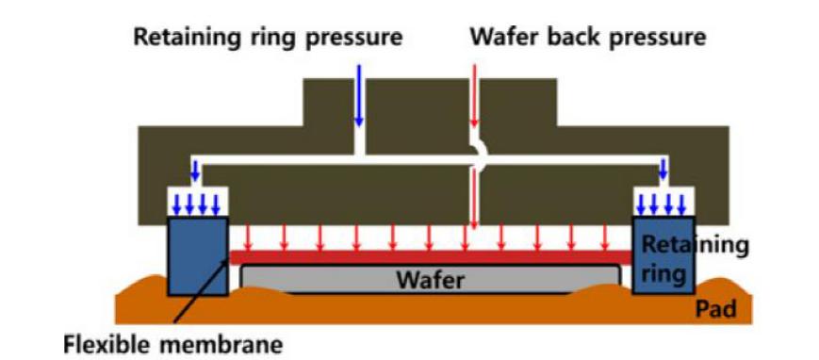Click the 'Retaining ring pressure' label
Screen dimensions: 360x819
(x=268, y=39)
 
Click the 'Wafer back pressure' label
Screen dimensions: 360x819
(x=587, y=39)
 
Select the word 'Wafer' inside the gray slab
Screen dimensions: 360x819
(x=430, y=280)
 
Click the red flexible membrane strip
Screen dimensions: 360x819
(x=430, y=257)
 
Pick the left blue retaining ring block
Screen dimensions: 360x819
(x=197, y=254)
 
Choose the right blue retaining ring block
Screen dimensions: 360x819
(x=663, y=254)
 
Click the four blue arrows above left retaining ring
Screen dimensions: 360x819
(x=197, y=204)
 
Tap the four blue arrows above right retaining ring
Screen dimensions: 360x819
(x=663, y=204)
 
